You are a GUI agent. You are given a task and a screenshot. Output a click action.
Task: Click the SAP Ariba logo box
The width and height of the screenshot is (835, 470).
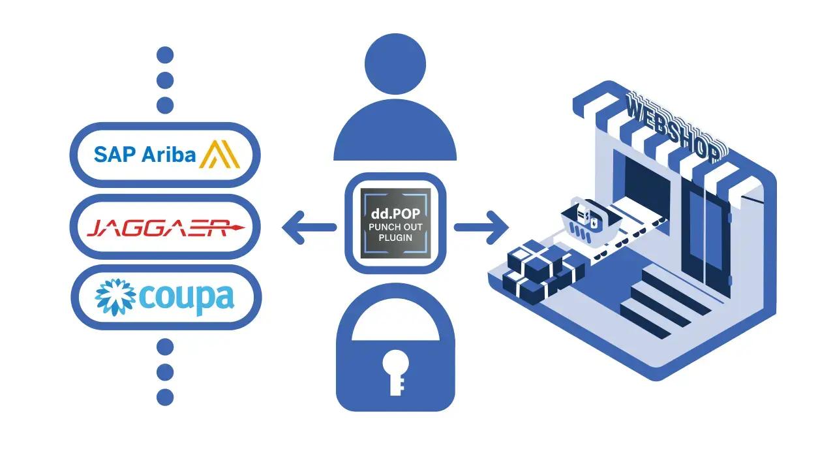pos(165,155)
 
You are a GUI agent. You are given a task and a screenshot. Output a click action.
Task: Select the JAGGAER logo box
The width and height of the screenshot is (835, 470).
pos(165,228)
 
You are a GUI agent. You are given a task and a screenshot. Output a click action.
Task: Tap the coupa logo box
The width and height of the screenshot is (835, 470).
pos(165,296)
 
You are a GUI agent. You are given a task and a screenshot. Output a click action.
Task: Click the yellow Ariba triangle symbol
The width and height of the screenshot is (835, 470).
pos(220,155)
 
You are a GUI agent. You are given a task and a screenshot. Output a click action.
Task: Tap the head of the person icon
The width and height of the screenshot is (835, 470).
pos(395,64)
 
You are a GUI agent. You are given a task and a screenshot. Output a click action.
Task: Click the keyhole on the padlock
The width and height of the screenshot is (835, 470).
pos(395,369)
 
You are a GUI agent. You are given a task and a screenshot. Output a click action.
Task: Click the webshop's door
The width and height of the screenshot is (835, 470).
pos(705,242)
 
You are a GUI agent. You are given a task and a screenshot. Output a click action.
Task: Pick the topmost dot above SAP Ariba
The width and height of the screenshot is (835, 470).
pos(165,55)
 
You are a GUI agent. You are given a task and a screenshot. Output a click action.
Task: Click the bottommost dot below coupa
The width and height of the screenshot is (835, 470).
pos(165,396)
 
